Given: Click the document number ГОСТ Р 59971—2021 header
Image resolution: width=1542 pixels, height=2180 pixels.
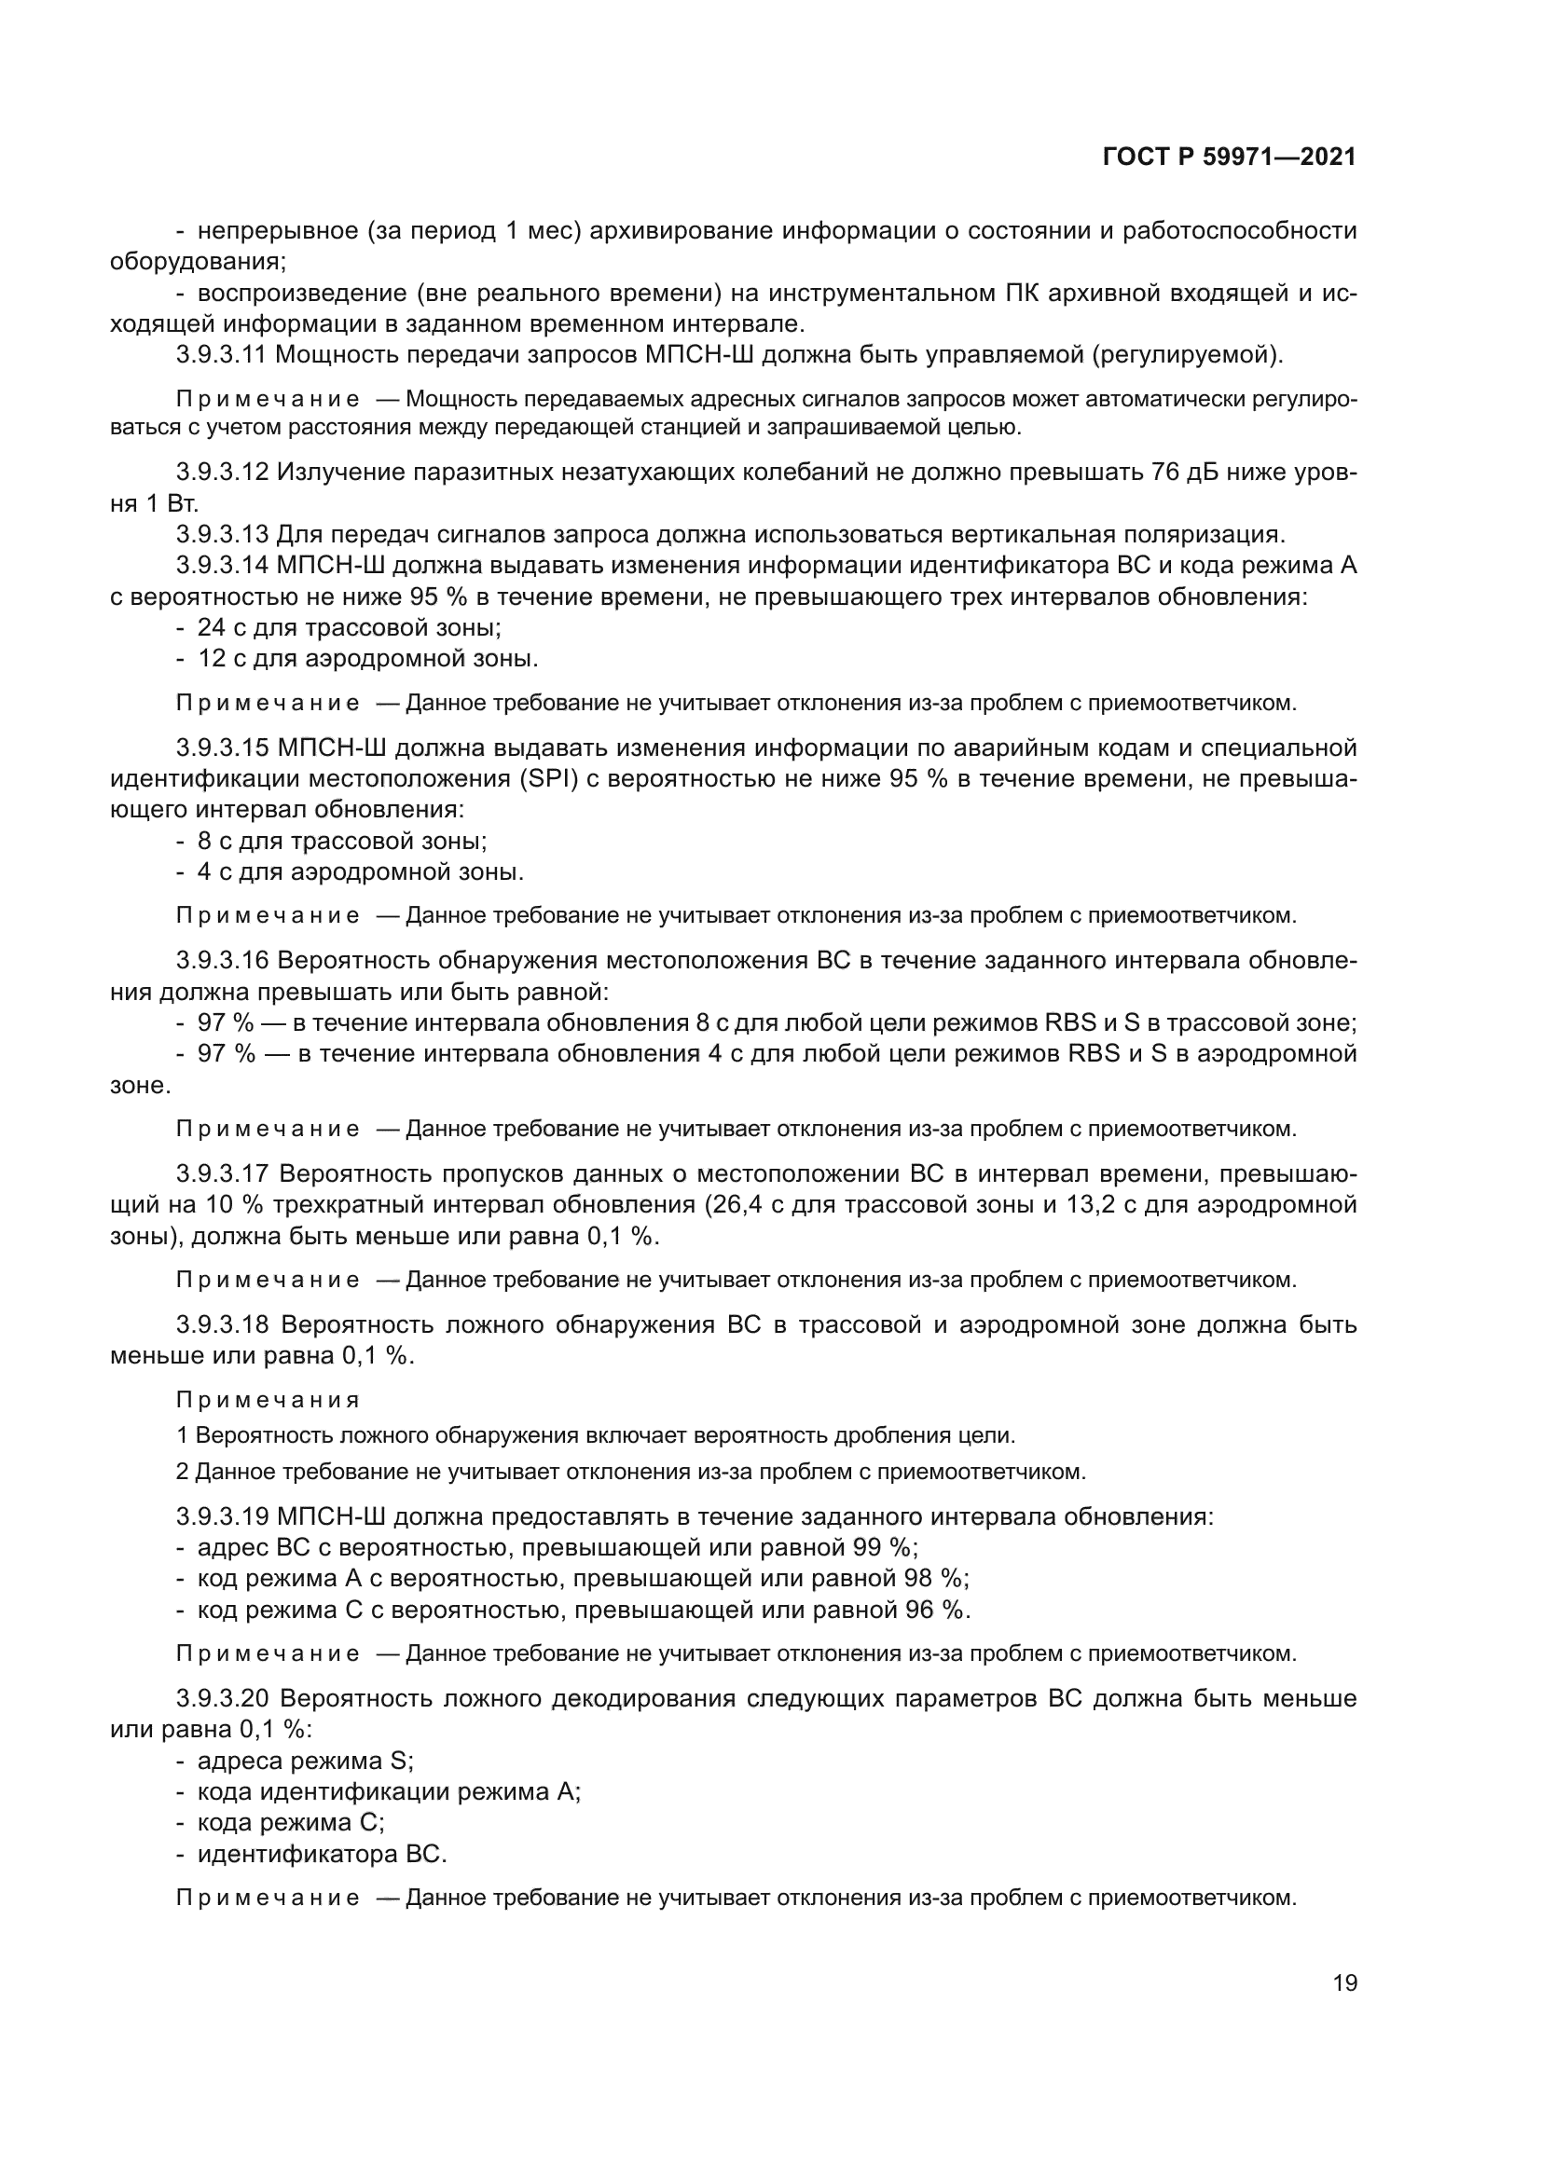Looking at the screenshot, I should [1229, 158].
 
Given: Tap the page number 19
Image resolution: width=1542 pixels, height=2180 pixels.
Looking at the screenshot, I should [1344, 1982].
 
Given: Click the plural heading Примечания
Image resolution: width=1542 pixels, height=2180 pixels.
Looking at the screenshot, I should [268, 1400].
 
